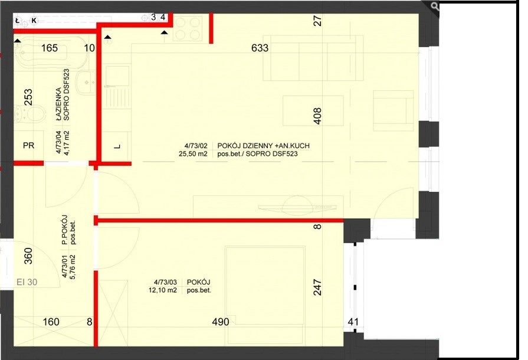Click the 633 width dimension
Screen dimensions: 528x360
tap(260, 48)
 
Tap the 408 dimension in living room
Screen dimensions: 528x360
tap(317, 116)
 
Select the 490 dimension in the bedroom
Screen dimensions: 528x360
tap(221, 322)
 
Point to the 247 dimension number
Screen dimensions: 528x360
tap(317, 287)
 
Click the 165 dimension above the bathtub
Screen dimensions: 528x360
tap(50, 48)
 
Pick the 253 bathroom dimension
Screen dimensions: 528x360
tap(29, 97)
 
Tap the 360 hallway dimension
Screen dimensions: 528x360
tap(29, 256)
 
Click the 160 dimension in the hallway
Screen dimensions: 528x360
tap(51, 322)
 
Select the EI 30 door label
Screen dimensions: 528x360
tap(27, 282)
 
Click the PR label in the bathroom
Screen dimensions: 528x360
tap(29, 146)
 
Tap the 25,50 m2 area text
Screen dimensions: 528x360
tap(194, 154)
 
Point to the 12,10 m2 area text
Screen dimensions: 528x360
tap(163, 290)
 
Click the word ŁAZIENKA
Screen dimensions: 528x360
tap(58, 102)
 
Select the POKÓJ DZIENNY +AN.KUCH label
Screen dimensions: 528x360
tap(263, 146)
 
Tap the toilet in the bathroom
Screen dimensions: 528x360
tap(31, 113)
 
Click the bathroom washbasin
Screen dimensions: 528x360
tap(86, 83)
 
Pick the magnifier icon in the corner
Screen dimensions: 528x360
tap(434, 6)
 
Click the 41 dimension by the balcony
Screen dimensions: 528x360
tap(353, 322)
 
